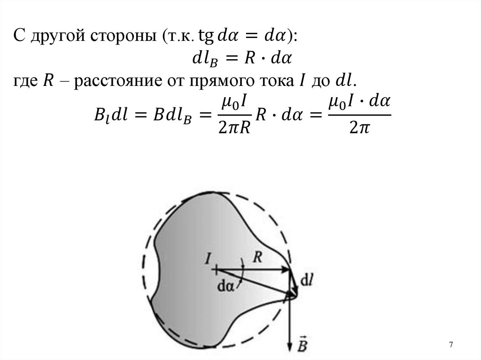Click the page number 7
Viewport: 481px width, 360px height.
point(451,345)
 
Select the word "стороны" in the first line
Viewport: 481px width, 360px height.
point(121,36)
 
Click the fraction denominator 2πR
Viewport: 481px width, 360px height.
point(233,126)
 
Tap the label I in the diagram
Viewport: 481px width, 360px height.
point(207,258)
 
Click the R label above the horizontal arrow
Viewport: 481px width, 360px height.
point(257,256)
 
